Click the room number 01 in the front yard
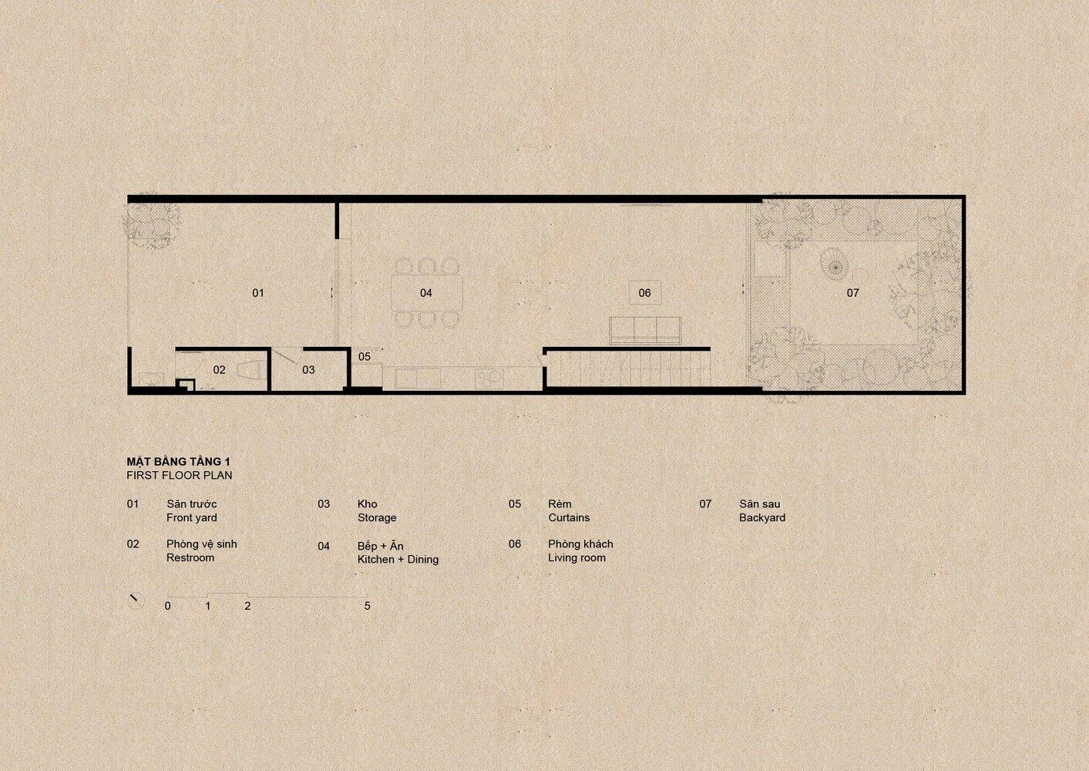257,293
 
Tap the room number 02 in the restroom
219,370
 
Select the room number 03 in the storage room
308,370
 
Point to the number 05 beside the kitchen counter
364,356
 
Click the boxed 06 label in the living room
644,293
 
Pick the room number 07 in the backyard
852,293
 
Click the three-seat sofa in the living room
645,331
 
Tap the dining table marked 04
426,293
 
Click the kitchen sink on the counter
418,379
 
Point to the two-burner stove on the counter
491,378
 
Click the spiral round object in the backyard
834,267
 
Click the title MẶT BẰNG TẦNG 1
179,462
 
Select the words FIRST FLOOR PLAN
180,475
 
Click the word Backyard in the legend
762,517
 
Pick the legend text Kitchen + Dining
398,560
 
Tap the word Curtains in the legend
569,517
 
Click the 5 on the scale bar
367,606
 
